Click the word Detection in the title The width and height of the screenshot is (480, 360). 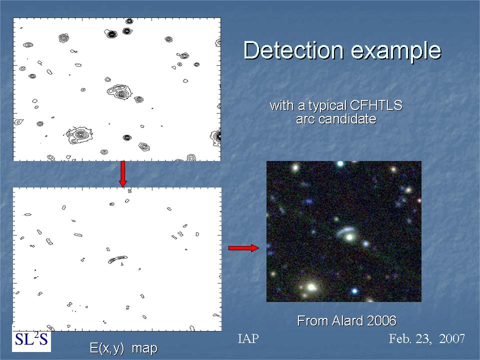(x=293, y=50)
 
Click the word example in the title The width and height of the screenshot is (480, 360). (x=396, y=51)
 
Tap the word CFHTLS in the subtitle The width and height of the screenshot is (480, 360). (x=376, y=105)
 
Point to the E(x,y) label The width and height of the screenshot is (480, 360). (x=107, y=348)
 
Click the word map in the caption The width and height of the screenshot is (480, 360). (x=144, y=348)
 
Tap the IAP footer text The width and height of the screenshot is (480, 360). (x=248, y=338)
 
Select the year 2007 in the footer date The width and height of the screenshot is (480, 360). (x=452, y=338)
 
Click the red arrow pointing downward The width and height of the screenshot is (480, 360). (x=123, y=174)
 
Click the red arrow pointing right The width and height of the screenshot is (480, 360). (x=243, y=248)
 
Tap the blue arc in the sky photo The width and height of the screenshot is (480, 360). (x=345, y=231)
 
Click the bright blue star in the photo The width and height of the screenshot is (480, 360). (x=354, y=290)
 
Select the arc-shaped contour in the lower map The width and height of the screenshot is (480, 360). (x=117, y=259)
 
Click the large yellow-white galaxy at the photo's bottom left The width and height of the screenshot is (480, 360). (x=311, y=287)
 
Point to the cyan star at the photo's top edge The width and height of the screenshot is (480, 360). (x=340, y=163)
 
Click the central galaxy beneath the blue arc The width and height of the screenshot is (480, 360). (x=350, y=237)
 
